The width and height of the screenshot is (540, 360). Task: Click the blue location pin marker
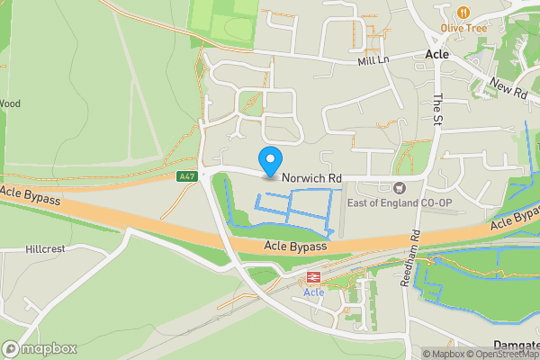pos(269,161)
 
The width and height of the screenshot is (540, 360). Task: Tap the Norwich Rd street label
pos(311,179)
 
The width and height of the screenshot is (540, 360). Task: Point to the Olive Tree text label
pos(463,29)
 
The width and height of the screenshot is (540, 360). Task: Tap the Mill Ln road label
pos(372,59)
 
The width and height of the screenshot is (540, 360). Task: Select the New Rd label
pos(508,87)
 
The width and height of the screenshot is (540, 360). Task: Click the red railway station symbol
pos(314,278)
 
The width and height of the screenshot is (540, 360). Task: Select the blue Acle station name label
pos(314,293)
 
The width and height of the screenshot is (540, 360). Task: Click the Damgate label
pos(517,345)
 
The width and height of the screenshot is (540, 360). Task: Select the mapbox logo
pos(39,348)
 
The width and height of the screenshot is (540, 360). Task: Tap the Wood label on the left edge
pos(10,103)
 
